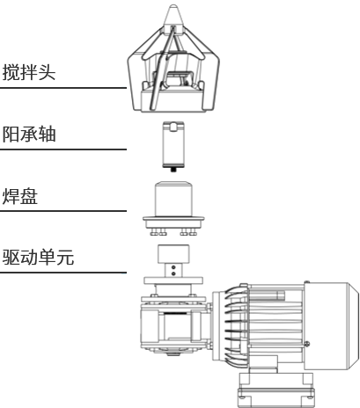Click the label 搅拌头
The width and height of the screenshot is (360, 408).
coord(29,72)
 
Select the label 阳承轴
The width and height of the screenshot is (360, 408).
coord(29,135)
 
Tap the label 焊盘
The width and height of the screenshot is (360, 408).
coord(20,196)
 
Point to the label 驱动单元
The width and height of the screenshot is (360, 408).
coord(38,258)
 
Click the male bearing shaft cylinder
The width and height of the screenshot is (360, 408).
coord(173,144)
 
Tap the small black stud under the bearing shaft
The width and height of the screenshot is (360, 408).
coord(173,170)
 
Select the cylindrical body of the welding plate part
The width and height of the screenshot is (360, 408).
coord(173,199)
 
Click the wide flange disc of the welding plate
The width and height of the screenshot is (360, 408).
coord(173,219)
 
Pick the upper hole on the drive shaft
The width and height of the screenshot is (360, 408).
coord(173,267)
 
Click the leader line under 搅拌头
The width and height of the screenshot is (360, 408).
coord(63,87)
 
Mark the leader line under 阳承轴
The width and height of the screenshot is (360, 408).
coord(63,149)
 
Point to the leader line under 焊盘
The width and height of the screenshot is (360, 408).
coord(63,211)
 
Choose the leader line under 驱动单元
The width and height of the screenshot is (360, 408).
coord(63,273)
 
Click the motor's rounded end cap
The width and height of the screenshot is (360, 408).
coord(332,325)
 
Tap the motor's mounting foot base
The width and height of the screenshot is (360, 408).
coord(276,390)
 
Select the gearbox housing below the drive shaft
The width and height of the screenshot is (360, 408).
coord(173,325)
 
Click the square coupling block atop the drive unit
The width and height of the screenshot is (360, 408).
coord(173,254)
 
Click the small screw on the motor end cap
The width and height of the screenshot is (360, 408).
coord(307,344)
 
